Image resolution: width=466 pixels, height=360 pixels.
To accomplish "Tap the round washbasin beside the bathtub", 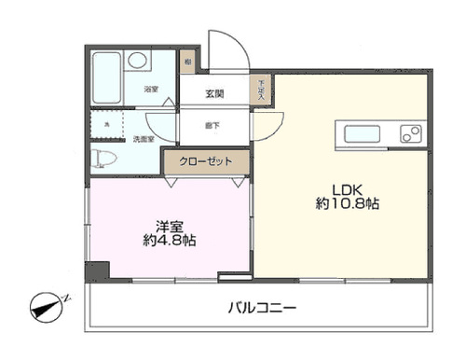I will click(x=138, y=61).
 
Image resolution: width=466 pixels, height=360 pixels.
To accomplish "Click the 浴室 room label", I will click(x=150, y=90).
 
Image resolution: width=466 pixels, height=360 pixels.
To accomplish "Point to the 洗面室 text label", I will click(x=143, y=140).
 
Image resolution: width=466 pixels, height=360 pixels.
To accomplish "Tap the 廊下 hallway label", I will click(x=212, y=123).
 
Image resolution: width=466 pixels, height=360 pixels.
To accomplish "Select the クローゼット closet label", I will click(x=205, y=161).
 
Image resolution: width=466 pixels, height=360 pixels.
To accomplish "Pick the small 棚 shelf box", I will click(x=187, y=62).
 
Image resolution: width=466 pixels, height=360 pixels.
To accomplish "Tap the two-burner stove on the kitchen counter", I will click(x=411, y=134).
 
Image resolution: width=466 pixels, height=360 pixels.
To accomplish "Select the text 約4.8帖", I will click(x=170, y=242).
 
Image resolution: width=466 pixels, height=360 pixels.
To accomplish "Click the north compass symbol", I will click(x=49, y=305).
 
